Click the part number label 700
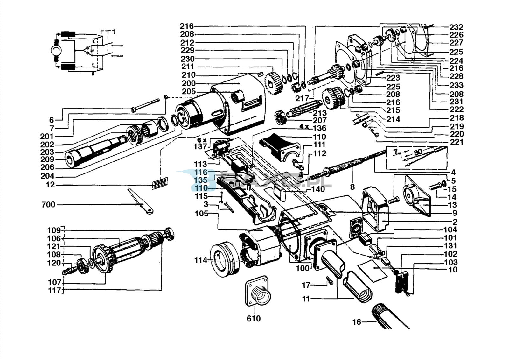point(48,205)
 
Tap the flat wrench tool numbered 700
point(140,201)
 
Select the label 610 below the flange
point(254,319)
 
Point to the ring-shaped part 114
point(225,259)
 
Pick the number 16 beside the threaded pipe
point(357,322)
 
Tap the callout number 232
point(456,27)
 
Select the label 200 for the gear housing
point(189,83)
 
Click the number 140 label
point(318,189)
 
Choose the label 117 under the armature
point(55,291)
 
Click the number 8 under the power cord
point(352,187)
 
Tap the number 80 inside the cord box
point(418,152)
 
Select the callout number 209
point(47,159)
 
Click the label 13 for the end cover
point(452,205)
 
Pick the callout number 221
point(457,142)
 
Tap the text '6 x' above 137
point(202,140)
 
